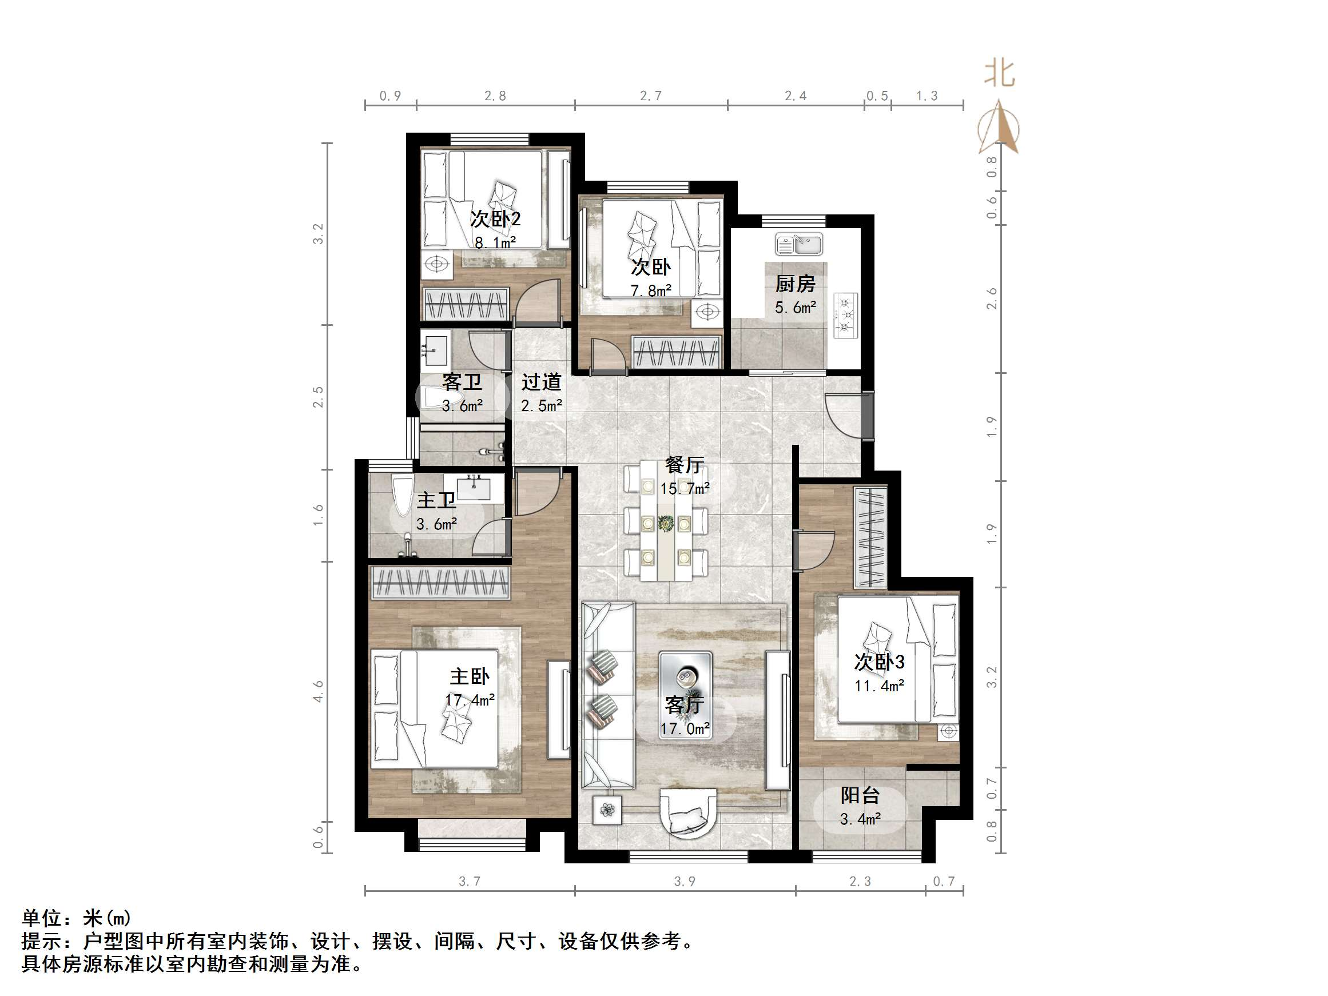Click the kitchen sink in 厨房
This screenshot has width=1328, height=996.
point(798,244)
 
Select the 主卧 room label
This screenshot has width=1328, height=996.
point(470,676)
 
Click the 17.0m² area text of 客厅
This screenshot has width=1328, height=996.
point(685,729)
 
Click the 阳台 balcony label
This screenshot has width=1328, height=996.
point(860,795)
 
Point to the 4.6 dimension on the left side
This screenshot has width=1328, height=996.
point(317,691)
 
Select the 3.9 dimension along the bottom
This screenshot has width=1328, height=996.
point(685,881)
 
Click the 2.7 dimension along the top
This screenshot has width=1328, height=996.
point(651,96)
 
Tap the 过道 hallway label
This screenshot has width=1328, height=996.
point(541,382)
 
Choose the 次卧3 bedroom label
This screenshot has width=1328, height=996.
point(880,662)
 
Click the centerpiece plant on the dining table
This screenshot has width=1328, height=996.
point(665,524)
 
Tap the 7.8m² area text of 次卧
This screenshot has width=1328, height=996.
point(651,291)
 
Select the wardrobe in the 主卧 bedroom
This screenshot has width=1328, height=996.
point(439,583)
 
